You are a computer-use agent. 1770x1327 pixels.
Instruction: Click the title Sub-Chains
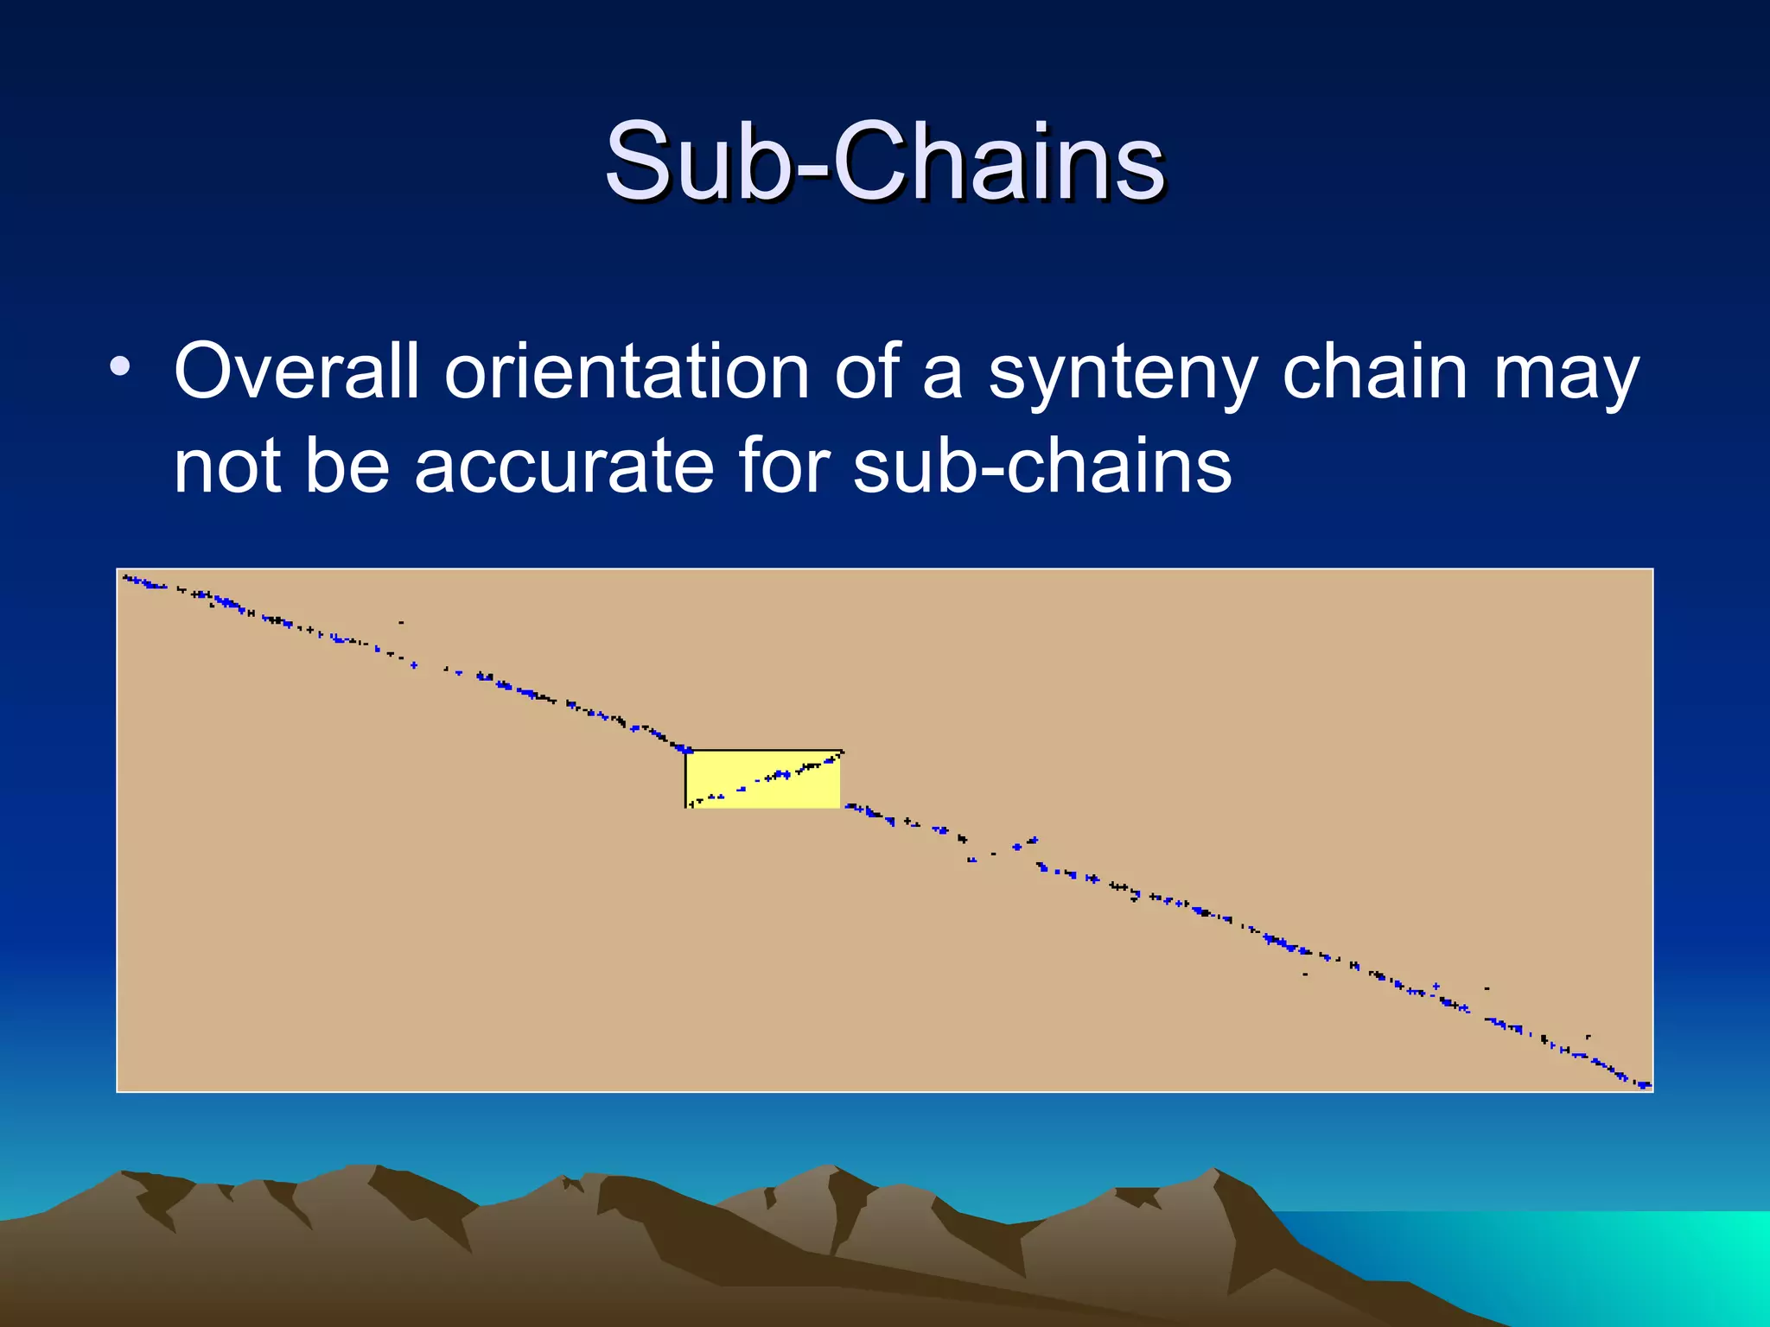click(885, 162)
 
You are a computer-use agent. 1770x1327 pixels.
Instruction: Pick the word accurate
click(564, 466)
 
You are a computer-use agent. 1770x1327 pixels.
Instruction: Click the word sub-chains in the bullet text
click(1041, 466)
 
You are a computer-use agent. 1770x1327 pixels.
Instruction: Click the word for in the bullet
click(783, 466)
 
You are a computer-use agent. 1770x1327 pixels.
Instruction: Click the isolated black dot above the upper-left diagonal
click(401, 622)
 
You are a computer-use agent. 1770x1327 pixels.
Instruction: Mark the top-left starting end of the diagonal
click(126, 577)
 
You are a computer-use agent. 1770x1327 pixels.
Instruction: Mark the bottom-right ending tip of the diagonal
click(1646, 1084)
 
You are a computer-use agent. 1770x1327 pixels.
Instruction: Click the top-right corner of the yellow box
click(840, 751)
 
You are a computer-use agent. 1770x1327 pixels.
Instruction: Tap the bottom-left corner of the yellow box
click(686, 808)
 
